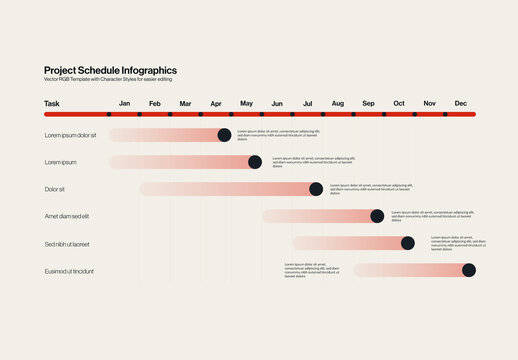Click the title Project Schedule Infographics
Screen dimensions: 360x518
tap(110, 70)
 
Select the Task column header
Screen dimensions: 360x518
tap(52, 103)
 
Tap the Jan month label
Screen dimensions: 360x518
tap(125, 103)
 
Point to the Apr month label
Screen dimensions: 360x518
tap(216, 103)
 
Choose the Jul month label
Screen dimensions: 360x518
tap(307, 103)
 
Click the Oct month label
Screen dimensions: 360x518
tap(399, 103)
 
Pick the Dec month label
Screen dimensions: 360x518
tap(460, 103)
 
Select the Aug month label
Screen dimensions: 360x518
tap(338, 103)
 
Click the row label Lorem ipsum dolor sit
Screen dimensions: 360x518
tap(70, 135)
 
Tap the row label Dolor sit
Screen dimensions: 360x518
tap(54, 189)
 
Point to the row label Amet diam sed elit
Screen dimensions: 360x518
tap(67, 216)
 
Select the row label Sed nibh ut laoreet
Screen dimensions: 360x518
tap(67, 243)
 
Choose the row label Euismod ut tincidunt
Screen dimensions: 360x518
tap(69, 270)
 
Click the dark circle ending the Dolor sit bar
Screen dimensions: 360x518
tap(316, 189)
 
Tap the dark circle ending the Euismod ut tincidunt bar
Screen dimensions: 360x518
tap(469, 270)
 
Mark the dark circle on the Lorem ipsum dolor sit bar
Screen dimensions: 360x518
tap(224, 135)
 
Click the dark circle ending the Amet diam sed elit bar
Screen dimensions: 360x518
tap(377, 216)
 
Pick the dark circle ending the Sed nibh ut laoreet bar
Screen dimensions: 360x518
tap(407, 243)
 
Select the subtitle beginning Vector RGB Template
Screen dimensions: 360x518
tap(107, 80)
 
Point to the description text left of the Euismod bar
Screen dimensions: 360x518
tap(313, 270)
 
